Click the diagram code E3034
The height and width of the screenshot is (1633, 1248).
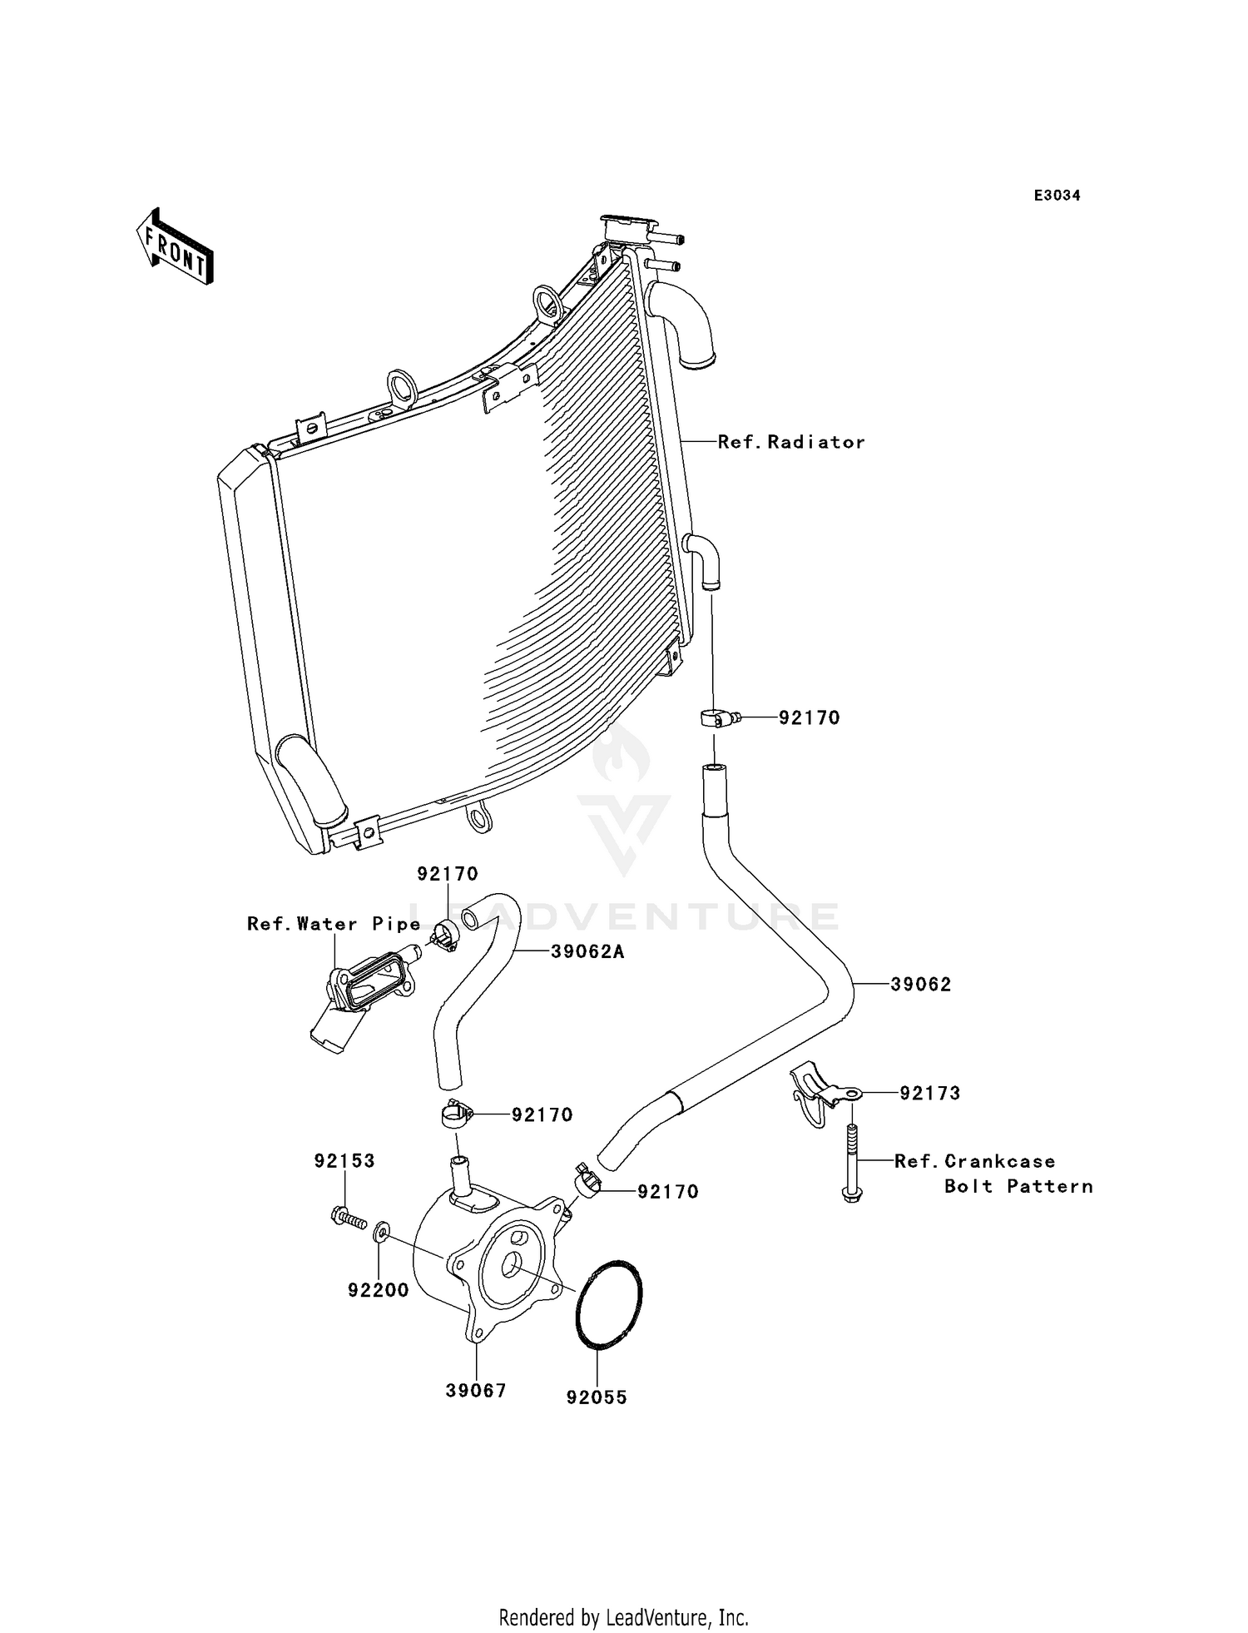pos(1057,196)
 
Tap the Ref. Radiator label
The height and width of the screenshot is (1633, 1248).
pos(790,443)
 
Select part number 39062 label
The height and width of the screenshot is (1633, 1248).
pos(920,985)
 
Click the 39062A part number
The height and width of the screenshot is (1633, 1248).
pos(587,951)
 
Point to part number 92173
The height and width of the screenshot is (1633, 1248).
pos(929,1094)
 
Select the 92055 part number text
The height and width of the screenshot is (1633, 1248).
pos(597,1398)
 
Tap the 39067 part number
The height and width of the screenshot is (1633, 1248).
pos(476,1391)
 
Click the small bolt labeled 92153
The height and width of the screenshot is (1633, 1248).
pos(349,1219)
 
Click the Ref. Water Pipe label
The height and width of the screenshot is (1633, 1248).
pos(334,924)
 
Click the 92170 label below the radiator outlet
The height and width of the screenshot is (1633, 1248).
pos(809,717)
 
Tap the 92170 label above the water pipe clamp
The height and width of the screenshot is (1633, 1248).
pos(448,874)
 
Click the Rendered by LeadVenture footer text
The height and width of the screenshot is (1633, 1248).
pos(623,1618)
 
